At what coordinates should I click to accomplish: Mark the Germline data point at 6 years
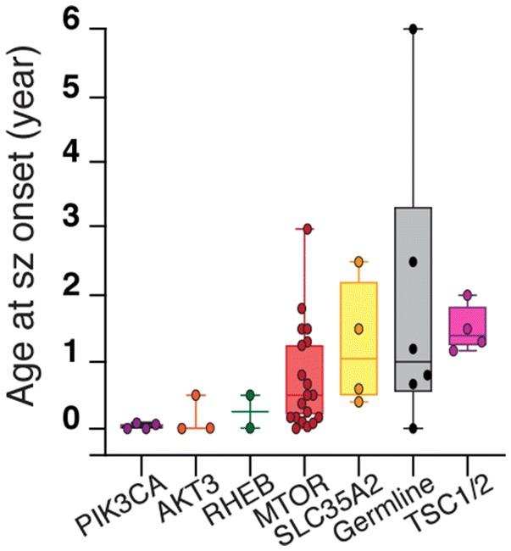click(x=413, y=29)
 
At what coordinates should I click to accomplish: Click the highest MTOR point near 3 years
click(x=308, y=229)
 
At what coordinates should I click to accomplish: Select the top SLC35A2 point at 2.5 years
click(x=358, y=261)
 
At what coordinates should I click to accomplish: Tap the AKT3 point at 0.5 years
click(x=196, y=395)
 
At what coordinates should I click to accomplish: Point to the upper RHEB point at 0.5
click(x=250, y=395)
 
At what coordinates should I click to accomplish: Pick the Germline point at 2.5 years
click(x=413, y=261)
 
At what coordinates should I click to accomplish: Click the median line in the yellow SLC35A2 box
click(x=358, y=359)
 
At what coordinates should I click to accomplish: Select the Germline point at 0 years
click(x=413, y=428)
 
